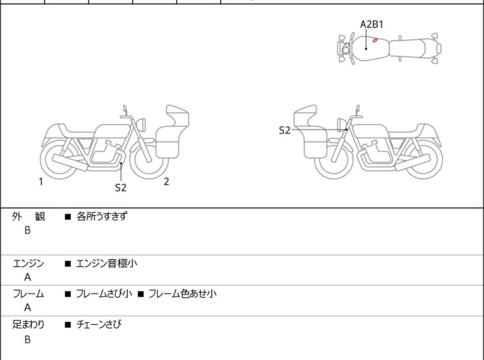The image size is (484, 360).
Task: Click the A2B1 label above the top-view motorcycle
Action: (x=372, y=24)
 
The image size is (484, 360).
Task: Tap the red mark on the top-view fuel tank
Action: (x=375, y=40)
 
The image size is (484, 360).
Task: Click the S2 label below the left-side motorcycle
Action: (x=121, y=188)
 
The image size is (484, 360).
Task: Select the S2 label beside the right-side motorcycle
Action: (x=285, y=130)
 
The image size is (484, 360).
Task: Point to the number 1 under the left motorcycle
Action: (x=40, y=182)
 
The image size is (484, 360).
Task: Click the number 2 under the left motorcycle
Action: (x=166, y=182)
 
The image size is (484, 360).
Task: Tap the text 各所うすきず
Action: (x=102, y=216)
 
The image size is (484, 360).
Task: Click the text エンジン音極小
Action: (x=106, y=263)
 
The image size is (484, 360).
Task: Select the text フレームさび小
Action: (x=104, y=294)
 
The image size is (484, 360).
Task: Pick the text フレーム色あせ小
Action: (x=182, y=294)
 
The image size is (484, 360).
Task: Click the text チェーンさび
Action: (x=98, y=325)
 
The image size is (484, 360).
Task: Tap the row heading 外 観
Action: (x=28, y=216)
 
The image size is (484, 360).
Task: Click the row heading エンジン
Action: (x=28, y=263)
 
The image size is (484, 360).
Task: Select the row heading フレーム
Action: (x=28, y=294)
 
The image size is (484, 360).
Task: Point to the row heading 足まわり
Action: (x=28, y=325)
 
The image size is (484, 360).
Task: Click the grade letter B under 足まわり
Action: (x=28, y=339)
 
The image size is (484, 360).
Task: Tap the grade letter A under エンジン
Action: (x=28, y=277)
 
